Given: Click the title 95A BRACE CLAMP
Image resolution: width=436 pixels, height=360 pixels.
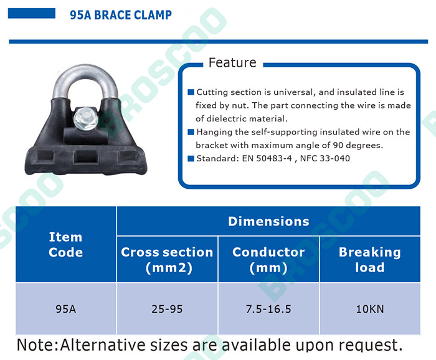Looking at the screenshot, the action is [121, 15].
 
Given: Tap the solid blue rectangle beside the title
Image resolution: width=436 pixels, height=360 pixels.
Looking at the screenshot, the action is [32, 13].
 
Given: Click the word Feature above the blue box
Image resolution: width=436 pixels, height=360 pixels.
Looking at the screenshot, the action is [232, 62].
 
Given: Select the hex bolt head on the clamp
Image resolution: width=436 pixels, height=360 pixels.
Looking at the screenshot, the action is [86, 119].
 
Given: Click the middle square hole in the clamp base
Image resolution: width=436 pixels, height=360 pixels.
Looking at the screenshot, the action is [86, 158].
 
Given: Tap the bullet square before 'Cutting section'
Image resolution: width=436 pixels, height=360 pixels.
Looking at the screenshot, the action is [191, 92].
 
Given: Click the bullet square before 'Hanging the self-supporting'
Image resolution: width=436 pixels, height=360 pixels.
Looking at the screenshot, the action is [191, 132].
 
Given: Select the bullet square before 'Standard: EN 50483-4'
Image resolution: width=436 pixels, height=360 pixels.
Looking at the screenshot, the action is [191, 158].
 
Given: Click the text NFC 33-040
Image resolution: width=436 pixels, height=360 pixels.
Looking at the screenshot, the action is [325, 158].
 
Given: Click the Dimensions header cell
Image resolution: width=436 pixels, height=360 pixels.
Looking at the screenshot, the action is [268, 221].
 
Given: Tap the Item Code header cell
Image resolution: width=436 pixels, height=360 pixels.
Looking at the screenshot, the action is [66, 244].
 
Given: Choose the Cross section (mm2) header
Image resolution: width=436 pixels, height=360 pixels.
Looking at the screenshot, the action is [167, 259].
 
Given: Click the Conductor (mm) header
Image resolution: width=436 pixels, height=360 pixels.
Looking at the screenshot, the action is [268, 259].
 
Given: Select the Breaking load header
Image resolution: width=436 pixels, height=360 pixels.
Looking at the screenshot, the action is [370, 259].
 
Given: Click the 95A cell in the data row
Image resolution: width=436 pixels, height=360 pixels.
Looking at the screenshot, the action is [66, 309].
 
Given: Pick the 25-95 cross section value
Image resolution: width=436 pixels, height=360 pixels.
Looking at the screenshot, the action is [167, 309].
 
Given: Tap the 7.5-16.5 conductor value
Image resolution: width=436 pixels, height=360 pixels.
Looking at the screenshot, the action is [268, 309].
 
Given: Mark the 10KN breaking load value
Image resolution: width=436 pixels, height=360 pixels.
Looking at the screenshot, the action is [370, 309].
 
